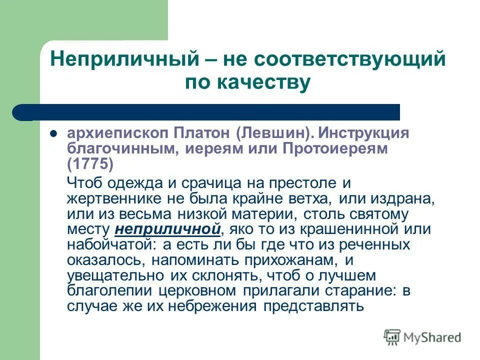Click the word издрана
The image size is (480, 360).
[x=402, y=198]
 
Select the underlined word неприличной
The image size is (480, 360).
[x=168, y=229]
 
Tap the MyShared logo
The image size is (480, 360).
[x=422, y=337]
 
